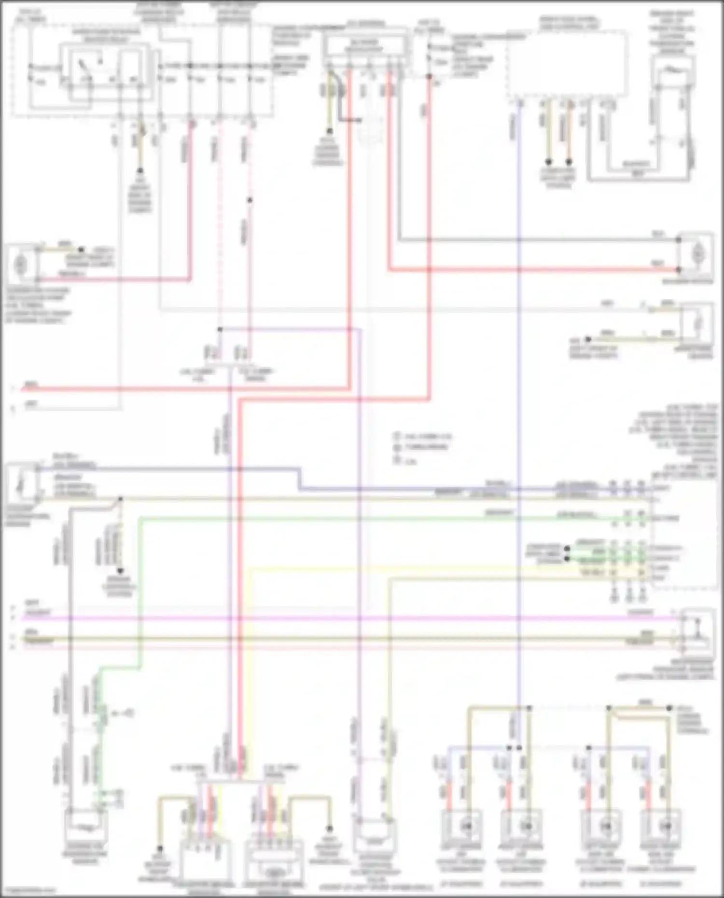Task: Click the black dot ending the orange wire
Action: point(569,162)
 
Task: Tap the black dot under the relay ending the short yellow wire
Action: point(140,171)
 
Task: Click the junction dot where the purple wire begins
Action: point(220,330)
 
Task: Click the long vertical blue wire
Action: point(519,386)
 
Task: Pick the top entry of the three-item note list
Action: point(423,436)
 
